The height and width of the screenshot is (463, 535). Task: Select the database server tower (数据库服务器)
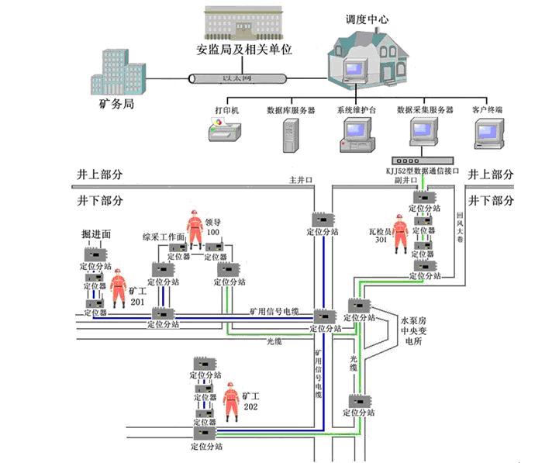[x=290, y=134]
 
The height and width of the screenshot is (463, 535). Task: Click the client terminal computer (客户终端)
[x=487, y=133]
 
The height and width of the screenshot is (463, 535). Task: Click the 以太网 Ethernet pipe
[x=237, y=78]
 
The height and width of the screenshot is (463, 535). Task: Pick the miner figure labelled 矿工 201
[x=119, y=288]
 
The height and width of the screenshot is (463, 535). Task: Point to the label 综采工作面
[x=163, y=237]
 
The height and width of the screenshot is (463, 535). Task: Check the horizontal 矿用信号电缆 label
[x=274, y=312]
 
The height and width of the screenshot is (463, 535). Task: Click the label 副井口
[x=399, y=180]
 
